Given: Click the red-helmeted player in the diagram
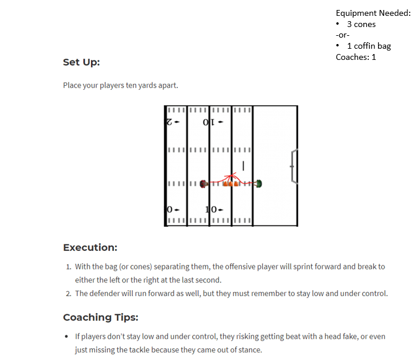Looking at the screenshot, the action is coord(203,184).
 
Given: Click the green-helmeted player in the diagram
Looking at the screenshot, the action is coord(259,184).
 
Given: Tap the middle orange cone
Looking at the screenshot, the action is coord(231,184).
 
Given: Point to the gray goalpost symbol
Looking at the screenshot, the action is coord(294,167).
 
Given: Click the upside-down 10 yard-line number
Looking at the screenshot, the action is coord(209,122).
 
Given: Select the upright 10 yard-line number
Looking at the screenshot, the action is coord(211,210).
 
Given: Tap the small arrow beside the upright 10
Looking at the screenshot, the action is coord(221,210).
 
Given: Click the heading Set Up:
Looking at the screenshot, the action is coord(82,62).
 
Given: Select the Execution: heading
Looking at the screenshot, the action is coord(90,247).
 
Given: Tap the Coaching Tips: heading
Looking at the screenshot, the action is coord(100,317).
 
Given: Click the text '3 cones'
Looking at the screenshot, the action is coord(361,24).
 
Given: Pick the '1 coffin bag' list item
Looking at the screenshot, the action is coord(369,46).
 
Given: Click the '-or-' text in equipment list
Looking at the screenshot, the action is coord(342,35).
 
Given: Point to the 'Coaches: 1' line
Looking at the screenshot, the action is coord(356,57).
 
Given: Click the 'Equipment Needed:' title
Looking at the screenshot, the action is coord(373,13).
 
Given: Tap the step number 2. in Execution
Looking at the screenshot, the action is coord(69,294).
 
